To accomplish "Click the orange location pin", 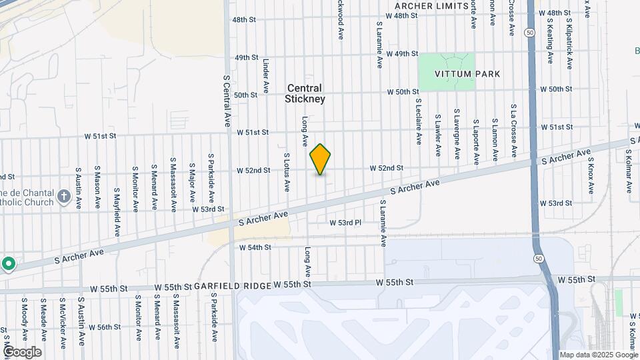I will point(320,159).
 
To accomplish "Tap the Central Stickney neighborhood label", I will point(305,93).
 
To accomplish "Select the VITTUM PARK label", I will point(447,73).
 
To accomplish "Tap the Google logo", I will point(22,352).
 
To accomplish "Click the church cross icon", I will point(63,196).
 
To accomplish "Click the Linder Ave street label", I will point(265,76).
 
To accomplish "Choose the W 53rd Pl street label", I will point(345,222).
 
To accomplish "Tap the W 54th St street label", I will point(255,247).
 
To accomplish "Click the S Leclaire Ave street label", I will point(419,122).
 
